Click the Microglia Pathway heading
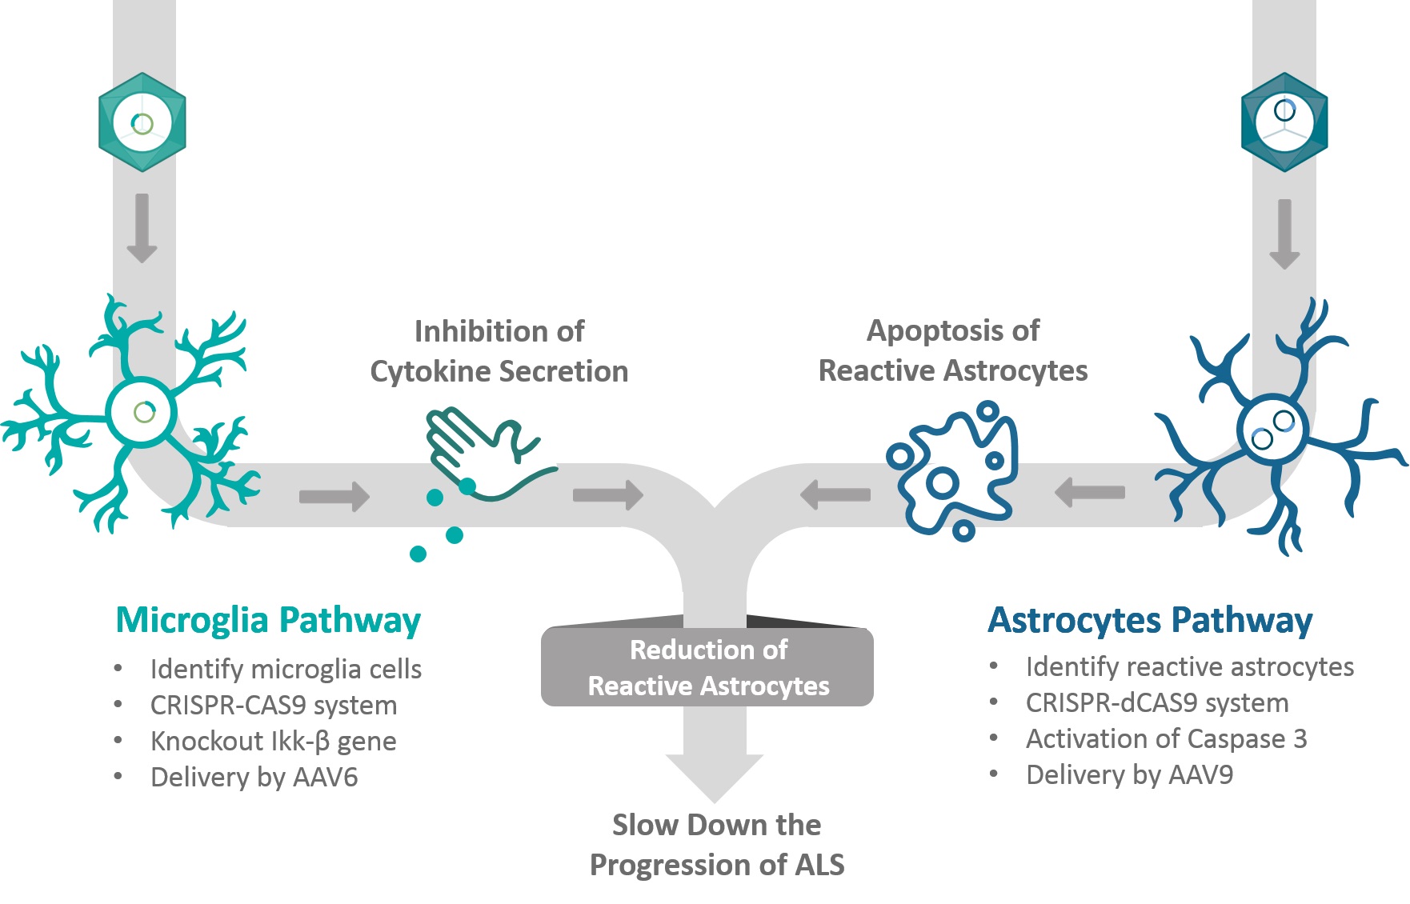(x=268, y=621)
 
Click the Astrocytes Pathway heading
(x=1150, y=621)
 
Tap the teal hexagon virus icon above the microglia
(x=142, y=122)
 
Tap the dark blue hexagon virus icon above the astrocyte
(x=1284, y=122)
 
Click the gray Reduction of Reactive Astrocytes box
(x=707, y=667)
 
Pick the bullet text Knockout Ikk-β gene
(x=273, y=742)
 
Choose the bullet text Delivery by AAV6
(x=254, y=778)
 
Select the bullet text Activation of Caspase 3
(x=1166, y=739)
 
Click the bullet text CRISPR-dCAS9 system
(x=1157, y=703)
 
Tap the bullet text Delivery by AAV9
(x=1129, y=775)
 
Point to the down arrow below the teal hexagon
(x=142, y=228)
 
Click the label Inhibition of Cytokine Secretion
(x=499, y=351)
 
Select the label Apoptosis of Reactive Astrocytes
(x=953, y=350)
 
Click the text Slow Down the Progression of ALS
(x=717, y=845)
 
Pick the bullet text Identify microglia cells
(x=286, y=670)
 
